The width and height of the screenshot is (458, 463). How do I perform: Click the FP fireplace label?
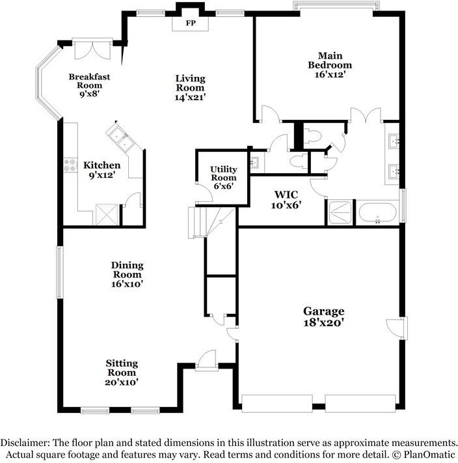pos(191,23)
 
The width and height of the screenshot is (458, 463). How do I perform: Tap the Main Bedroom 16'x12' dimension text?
pos(330,74)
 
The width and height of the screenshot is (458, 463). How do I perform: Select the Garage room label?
pos(324,311)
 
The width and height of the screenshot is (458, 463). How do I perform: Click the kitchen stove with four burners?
pos(71,165)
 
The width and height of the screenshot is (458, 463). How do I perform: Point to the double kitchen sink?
pos(120,138)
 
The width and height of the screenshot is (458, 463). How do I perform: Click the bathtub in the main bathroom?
pos(377,212)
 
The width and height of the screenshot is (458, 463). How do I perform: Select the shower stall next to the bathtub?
pos(340,212)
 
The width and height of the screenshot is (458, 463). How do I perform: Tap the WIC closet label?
pos(286,195)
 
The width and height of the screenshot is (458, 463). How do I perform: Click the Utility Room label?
pos(224,173)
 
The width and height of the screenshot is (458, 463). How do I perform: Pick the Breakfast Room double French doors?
pos(92,50)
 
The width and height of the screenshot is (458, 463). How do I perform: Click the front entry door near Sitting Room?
pos(207,360)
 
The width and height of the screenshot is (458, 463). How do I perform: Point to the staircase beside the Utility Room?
pos(211,222)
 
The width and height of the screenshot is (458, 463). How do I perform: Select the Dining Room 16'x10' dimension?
pos(127,284)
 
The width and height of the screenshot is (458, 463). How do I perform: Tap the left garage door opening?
pos(277,403)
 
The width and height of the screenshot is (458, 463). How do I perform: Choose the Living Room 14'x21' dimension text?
pos(190,97)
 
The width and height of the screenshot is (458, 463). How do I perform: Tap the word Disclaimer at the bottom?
pos(25,443)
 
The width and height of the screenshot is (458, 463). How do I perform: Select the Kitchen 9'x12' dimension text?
pos(101,175)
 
